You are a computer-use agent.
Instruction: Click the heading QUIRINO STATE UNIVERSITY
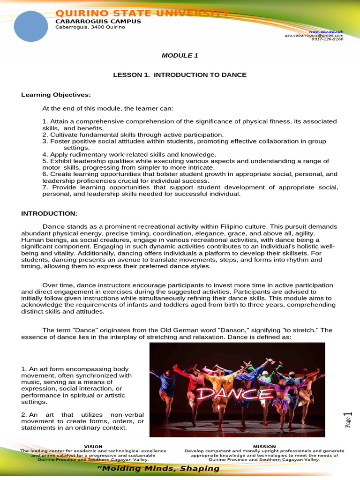(x=142, y=13)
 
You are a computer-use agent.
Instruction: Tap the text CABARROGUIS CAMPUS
(x=97, y=21)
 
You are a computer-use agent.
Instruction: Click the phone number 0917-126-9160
(x=327, y=39)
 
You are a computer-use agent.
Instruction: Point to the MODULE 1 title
(x=180, y=55)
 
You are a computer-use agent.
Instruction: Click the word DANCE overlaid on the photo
(x=234, y=393)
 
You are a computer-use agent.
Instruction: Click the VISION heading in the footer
(x=93, y=446)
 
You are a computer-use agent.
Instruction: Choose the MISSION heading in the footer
(x=264, y=446)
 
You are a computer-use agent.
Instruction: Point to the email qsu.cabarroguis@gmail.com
(x=314, y=35)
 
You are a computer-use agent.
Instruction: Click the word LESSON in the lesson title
(x=127, y=75)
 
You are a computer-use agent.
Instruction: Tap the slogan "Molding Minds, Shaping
(x=158, y=469)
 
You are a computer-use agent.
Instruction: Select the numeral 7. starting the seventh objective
(x=45, y=187)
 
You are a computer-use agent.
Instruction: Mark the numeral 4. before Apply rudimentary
(x=45, y=154)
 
